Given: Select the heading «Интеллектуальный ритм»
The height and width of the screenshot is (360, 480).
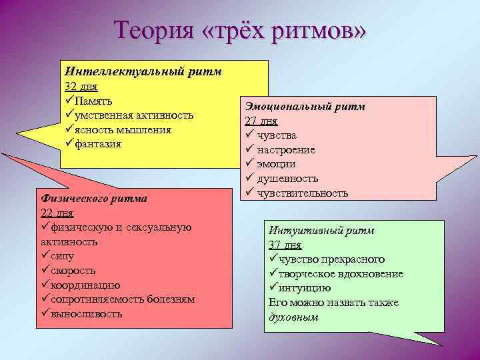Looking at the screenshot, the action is [143, 71].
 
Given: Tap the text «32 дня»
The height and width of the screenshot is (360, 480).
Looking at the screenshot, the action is [79, 86].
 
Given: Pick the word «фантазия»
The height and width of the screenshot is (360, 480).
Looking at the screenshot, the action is [97, 143].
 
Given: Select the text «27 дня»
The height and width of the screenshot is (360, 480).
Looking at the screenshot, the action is [261, 121].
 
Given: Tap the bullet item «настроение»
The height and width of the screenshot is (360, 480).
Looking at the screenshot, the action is [286, 150].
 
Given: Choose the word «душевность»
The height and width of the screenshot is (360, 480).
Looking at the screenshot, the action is [287, 179].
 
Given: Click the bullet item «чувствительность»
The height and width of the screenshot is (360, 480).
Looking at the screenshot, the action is [302, 193].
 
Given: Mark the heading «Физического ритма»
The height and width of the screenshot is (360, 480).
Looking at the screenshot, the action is [94, 198].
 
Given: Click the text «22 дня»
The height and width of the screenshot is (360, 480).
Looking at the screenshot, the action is [57, 213].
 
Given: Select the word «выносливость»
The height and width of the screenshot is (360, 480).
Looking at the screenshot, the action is [86, 314].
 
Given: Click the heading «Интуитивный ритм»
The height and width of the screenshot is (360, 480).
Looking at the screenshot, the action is [321, 230].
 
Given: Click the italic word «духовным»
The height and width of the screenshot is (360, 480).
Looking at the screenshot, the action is [293, 317].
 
